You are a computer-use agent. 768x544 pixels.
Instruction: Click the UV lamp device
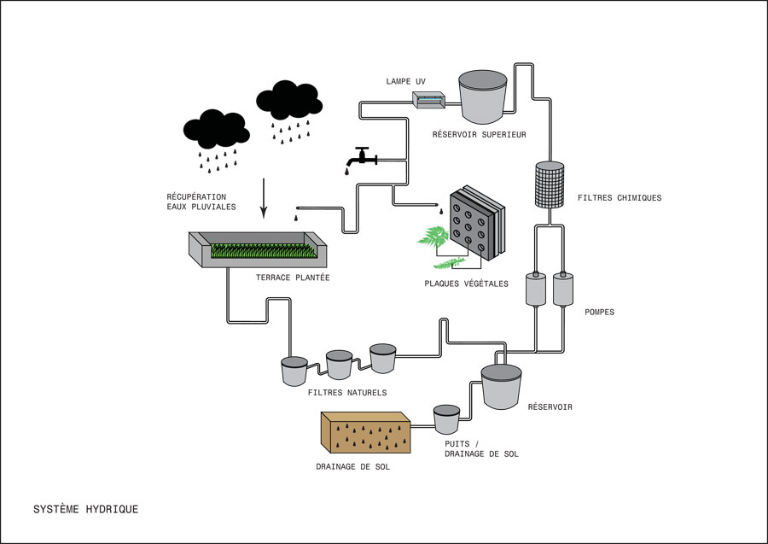tap(430, 100)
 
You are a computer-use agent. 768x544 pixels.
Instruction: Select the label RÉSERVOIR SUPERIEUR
tap(479, 134)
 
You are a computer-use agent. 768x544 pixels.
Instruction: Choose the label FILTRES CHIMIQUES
tap(619, 198)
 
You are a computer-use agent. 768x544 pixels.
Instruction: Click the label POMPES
tap(600, 312)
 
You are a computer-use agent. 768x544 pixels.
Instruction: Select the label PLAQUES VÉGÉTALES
tap(466, 284)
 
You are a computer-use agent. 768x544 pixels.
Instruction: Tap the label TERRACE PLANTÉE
tap(292, 278)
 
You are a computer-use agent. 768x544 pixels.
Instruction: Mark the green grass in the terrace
tap(261, 251)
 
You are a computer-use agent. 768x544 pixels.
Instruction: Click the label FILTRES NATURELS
tap(347, 393)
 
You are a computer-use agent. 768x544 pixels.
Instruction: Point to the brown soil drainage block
tap(366, 430)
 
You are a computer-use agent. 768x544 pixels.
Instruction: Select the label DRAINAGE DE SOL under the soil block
tap(352, 467)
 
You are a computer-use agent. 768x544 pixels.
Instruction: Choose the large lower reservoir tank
tap(501, 386)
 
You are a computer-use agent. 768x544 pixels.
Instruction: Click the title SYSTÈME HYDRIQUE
tap(85, 509)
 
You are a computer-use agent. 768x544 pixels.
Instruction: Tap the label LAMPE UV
tap(405, 81)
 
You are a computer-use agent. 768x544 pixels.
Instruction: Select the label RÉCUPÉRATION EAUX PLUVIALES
tap(201, 202)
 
